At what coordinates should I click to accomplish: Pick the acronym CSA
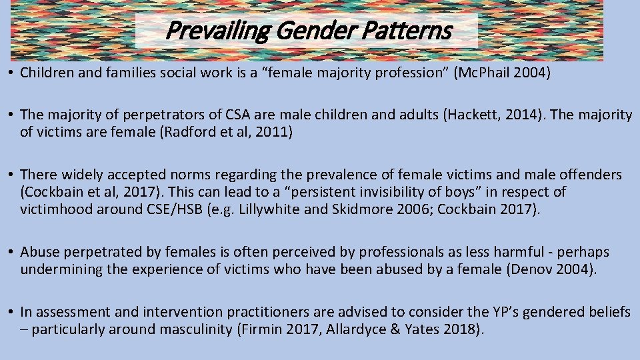pos(255,115)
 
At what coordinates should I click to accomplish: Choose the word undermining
pos(58,269)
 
